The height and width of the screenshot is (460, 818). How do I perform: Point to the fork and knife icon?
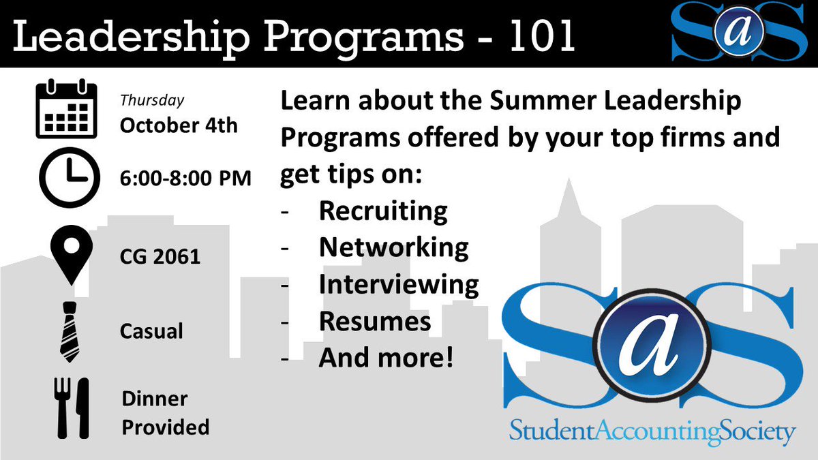click(x=72, y=408)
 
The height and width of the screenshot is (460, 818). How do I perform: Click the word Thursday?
click(x=152, y=101)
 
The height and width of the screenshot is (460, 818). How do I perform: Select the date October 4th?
click(x=179, y=126)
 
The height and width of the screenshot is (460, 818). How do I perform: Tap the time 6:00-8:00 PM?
click(x=185, y=179)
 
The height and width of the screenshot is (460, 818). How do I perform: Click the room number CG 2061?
click(x=160, y=257)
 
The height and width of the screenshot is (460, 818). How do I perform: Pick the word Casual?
click(x=151, y=332)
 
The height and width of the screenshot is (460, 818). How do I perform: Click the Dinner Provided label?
click(x=164, y=412)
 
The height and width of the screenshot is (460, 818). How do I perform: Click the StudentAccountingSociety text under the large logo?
click(x=652, y=431)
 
